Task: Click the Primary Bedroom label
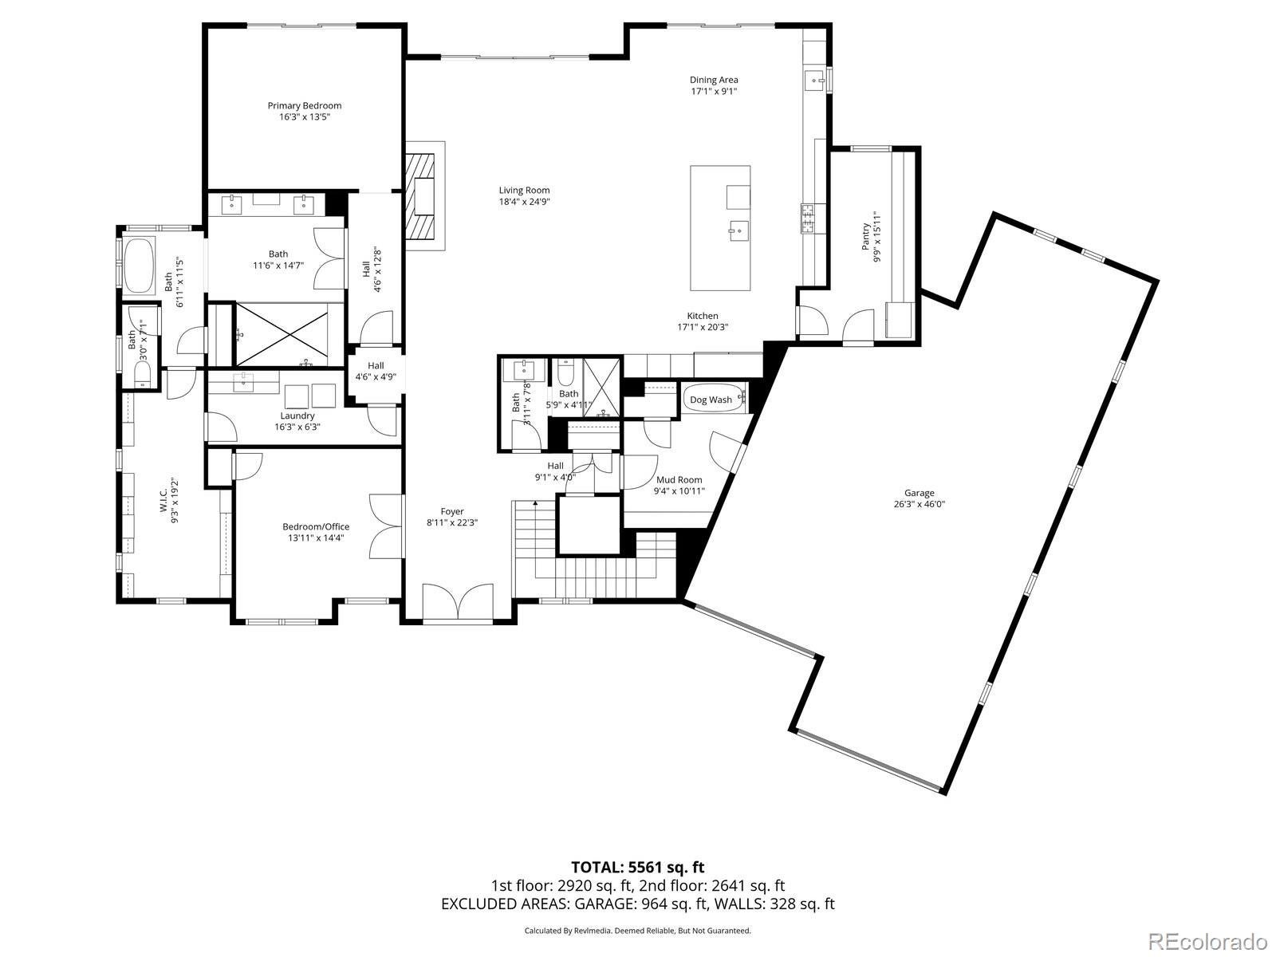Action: tap(304, 105)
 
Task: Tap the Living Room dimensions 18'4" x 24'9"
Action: tap(524, 202)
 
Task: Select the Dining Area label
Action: tap(713, 80)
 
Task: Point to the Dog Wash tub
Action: tap(714, 400)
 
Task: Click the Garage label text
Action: tap(919, 494)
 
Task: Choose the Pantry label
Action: tap(866, 237)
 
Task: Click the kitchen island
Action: tap(719, 228)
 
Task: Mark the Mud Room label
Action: tap(679, 480)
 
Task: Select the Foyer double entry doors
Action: tap(458, 602)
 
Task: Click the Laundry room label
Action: tap(297, 415)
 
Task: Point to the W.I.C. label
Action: tap(163, 500)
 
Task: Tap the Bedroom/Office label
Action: tap(316, 526)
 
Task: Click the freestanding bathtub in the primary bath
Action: tap(138, 265)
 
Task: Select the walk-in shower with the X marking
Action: tap(282, 335)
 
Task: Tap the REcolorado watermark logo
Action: tap(1210, 940)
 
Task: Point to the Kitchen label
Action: tap(703, 316)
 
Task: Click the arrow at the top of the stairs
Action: tap(534, 503)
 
